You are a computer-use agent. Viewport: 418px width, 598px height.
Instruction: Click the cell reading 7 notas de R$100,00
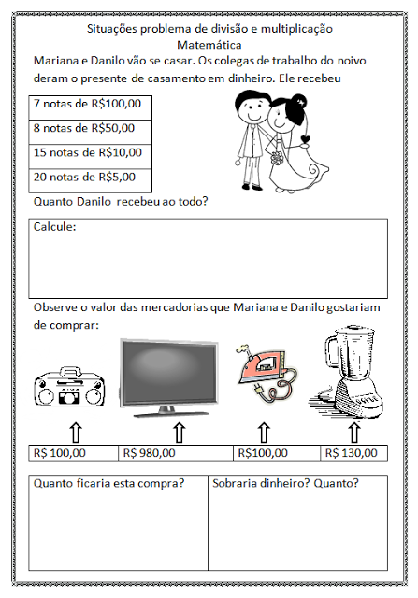click(90, 108)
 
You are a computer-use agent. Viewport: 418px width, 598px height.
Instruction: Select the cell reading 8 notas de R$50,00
click(90, 133)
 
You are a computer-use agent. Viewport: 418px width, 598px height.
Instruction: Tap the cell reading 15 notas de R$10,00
click(90, 157)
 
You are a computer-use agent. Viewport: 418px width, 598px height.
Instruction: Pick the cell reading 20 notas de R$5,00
click(90, 180)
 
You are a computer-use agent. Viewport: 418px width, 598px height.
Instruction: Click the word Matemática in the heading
click(209, 45)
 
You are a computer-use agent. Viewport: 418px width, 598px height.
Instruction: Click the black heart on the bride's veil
click(306, 139)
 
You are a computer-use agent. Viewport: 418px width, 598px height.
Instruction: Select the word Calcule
click(54, 227)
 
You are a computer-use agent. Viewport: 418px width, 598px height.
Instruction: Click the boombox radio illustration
click(69, 386)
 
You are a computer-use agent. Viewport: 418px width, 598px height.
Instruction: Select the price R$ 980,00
click(150, 453)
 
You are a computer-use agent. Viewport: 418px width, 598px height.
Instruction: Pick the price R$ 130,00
click(352, 453)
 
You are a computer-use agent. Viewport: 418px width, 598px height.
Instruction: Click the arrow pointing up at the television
click(180, 433)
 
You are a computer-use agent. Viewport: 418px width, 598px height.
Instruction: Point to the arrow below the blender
click(354, 433)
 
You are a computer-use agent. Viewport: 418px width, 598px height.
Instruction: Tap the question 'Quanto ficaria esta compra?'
click(108, 483)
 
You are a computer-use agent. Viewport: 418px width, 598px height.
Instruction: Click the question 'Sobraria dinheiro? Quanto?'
click(285, 483)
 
